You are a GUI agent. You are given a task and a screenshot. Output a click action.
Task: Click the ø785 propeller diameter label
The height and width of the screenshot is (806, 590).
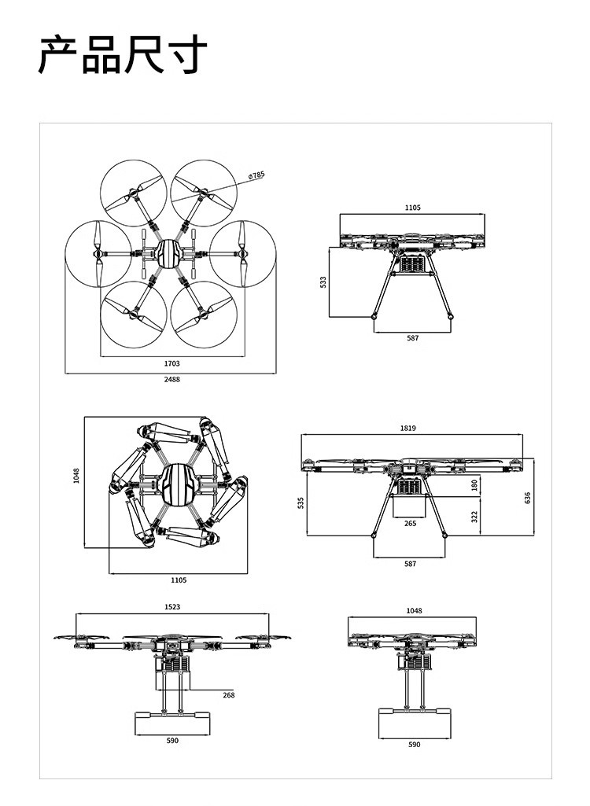pyautogui.click(x=256, y=175)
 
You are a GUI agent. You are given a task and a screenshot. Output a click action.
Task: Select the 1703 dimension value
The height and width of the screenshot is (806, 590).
pyautogui.click(x=171, y=363)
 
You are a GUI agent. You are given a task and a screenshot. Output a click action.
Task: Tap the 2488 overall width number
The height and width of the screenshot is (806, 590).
pyautogui.click(x=171, y=379)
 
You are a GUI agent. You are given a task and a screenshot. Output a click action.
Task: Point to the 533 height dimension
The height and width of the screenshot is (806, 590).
pyautogui.click(x=323, y=282)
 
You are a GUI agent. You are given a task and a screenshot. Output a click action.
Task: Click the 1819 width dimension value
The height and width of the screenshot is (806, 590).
pyautogui.click(x=408, y=428)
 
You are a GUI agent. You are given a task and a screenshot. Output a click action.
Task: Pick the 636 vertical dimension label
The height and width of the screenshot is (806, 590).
pyautogui.click(x=527, y=498)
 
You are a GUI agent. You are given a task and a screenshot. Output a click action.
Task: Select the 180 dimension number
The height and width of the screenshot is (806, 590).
pyautogui.click(x=474, y=484)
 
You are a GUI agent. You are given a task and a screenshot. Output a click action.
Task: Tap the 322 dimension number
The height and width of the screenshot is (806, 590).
pyautogui.click(x=474, y=516)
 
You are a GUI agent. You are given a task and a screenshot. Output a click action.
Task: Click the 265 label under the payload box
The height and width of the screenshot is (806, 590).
pyautogui.click(x=410, y=523)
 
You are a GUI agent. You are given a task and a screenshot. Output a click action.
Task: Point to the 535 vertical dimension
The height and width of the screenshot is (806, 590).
pyautogui.click(x=301, y=502)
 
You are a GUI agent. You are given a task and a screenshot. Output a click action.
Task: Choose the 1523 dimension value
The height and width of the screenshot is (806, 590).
pyautogui.click(x=172, y=606)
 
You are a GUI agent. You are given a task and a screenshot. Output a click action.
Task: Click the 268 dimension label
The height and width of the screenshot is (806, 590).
pyautogui.click(x=228, y=695)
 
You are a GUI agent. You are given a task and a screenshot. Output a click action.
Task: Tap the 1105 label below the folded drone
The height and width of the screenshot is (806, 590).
pyautogui.click(x=179, y=580)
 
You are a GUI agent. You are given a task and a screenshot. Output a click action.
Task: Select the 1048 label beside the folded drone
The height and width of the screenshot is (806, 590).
pyautogui.click(x=76, y=476)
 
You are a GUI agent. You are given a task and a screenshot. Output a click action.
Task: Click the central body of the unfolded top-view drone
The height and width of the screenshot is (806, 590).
pyautogui.click(x=168, y=253)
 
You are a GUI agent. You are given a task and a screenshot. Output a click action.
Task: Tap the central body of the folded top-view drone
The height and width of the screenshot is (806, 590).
pyautogui.click(x=179, y=485)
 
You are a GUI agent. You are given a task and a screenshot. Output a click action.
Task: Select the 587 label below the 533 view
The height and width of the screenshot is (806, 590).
pyautogui.click(x=412, y=337)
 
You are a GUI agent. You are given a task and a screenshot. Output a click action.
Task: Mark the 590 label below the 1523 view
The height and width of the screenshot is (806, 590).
pyautogui.click(x=172, y=740)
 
